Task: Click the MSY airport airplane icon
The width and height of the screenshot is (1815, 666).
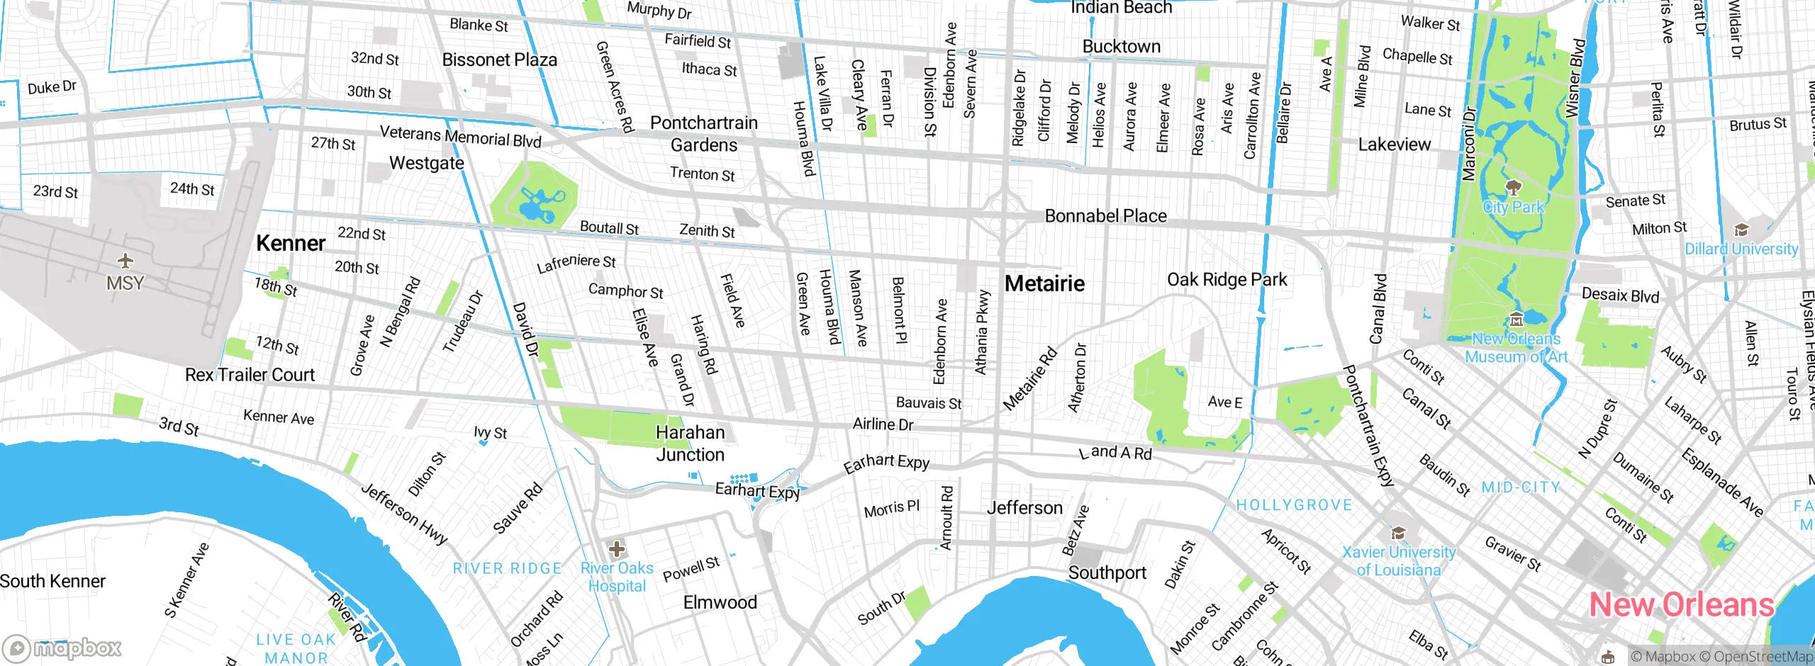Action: click(x=125, y=261)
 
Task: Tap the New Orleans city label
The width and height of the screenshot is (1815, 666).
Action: click(x=1681, y=605)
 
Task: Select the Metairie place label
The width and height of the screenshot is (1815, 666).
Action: click(x=1044, y=283)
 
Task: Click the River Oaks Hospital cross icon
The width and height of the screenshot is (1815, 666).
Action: click(x=617, y=548)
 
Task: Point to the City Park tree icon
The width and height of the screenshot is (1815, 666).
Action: click(x=1514, y=188)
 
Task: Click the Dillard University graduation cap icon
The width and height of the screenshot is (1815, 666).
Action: click(x=1741, y=230)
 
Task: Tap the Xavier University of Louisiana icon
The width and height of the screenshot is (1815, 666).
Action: click(x=1397, y=533)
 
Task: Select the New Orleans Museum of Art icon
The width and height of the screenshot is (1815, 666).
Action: click(x=1517, y=319)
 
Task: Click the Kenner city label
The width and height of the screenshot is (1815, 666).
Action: click(x=291, y=243)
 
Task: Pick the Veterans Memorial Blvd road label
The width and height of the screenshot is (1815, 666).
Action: click(x=460, y=136)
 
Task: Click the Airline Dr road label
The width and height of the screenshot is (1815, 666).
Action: click(x=883, y=424)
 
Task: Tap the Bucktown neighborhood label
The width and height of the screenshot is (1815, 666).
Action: click(x=1121, y=47)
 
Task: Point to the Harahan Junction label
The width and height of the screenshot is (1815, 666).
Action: click(x=690, y=443)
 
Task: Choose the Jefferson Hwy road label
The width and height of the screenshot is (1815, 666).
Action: click(x=404, y=514)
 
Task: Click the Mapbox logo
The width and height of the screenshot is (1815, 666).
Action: click(x=62, y=648)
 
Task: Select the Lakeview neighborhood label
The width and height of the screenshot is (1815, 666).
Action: click(x=1394, y=145)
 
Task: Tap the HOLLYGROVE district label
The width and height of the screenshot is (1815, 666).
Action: click(x=1294, y=505)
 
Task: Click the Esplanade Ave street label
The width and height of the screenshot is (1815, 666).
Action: click(x=1722, y=482)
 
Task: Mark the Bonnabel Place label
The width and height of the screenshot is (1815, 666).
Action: click(x=1105, y=216)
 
